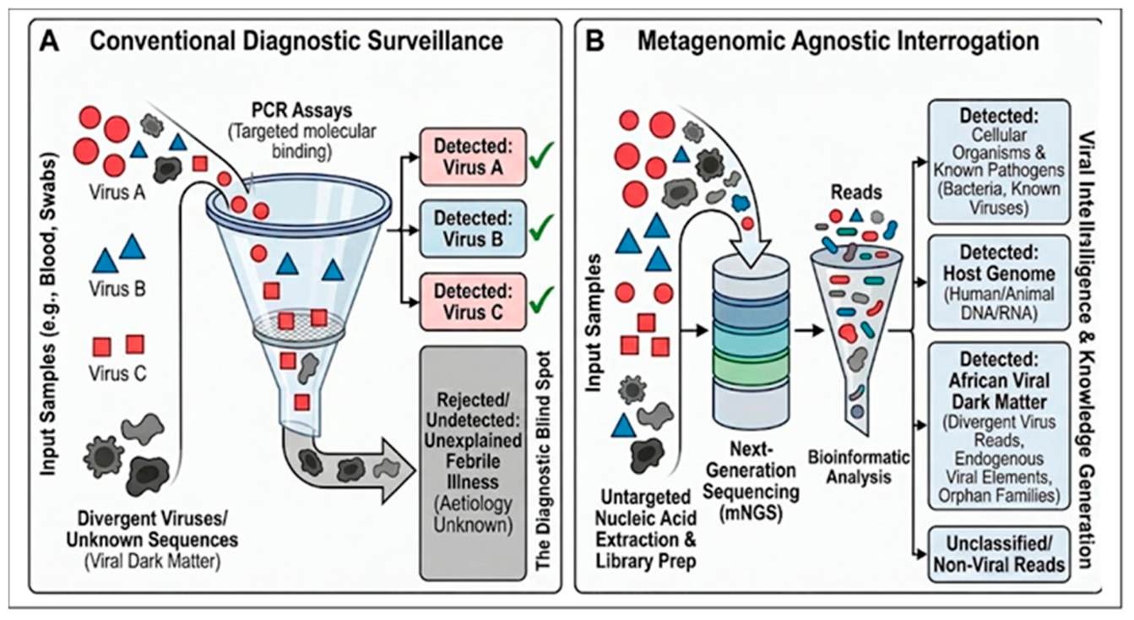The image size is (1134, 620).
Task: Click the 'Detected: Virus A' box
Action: (473, 157)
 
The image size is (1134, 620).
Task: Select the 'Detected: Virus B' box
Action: (473, 229)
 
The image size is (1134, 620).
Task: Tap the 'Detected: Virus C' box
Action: (473, 302)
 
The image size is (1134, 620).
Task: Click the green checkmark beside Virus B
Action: (541, 229)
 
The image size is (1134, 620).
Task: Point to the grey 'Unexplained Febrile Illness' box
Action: (473, 463)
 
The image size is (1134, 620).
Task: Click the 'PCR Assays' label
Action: (301, 111)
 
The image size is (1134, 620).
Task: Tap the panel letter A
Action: (50, 41)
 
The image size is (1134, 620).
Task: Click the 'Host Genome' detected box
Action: (999, 283)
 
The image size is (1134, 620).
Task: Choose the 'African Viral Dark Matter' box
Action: (999, 426)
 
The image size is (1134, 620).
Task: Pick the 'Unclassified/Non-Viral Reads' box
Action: (999, 554)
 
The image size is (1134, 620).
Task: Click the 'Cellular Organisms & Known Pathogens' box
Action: (999, 161)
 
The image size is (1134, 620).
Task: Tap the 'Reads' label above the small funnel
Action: (856, 193)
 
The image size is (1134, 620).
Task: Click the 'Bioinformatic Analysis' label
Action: (859, 467)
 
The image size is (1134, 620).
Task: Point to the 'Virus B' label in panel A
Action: (117, 289)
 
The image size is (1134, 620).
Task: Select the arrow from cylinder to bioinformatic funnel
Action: (810, 331)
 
